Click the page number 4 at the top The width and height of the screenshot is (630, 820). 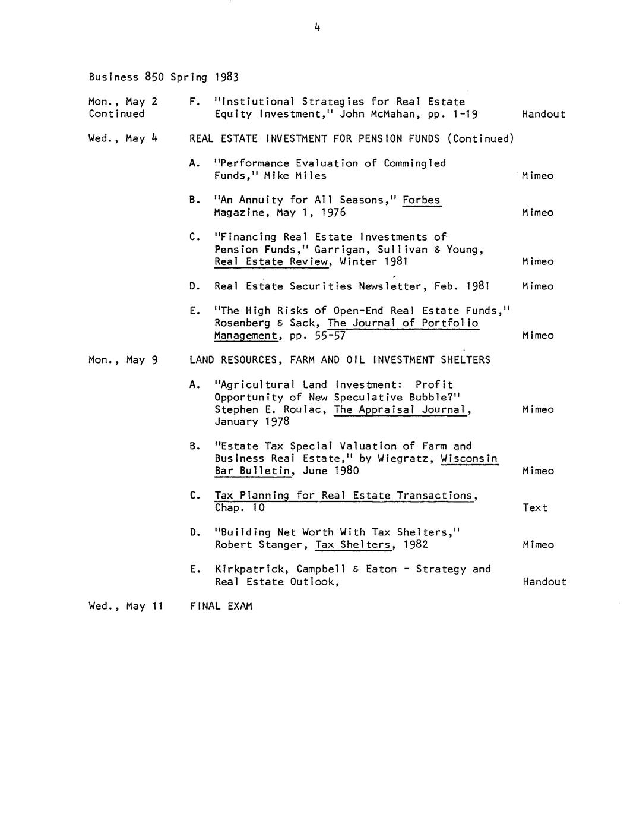(318, 27)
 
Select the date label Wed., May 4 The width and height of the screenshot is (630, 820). (123, 138)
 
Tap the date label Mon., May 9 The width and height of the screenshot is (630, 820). (123, 360)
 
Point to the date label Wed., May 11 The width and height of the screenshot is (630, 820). (125, 606)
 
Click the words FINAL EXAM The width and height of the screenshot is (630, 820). (221, 606)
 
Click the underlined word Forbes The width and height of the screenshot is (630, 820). (421, 200)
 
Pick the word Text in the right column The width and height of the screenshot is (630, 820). (535, 508)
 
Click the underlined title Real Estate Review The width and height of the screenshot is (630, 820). (271, 262)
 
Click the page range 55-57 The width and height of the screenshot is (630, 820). (330, 336)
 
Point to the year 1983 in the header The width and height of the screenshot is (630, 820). (226, 77)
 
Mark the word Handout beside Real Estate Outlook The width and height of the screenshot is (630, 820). (544, 582)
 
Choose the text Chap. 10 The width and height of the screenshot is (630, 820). (240, 508)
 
